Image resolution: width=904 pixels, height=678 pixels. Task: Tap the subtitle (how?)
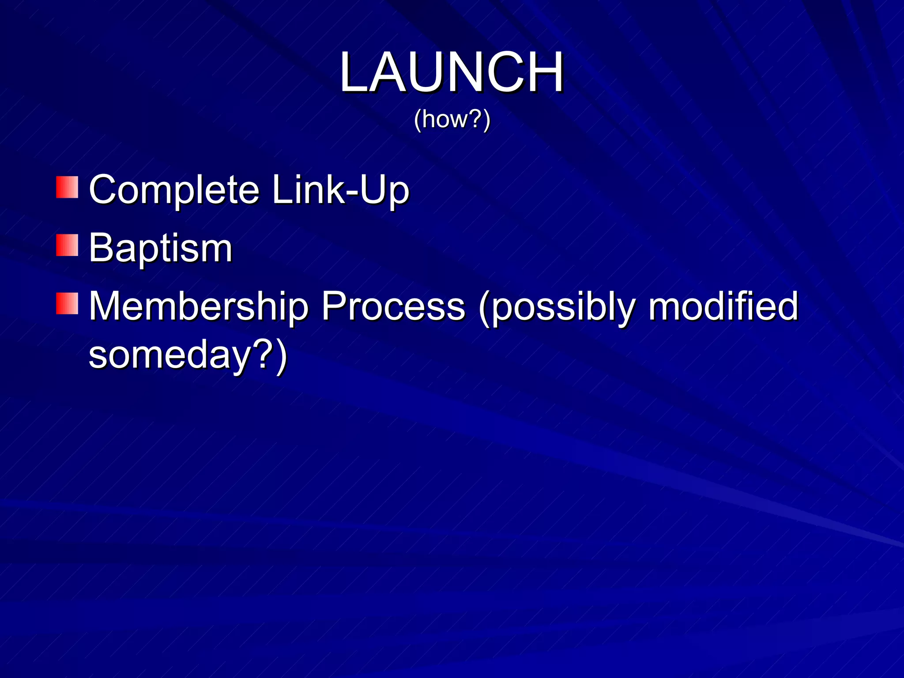pyautogui.click(x=452, y=119)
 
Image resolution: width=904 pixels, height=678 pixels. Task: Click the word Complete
pyautogui.click(x=174, y=190)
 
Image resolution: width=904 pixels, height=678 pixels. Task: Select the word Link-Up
pyautogui.click(x=340, y=190)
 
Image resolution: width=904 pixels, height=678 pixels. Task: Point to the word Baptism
pyautogui.click(x=160, y=248)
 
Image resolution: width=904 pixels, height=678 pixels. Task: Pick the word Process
pyautogui.click(x=393, y=306)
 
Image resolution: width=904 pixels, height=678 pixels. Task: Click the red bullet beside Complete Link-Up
pyautogui.click(x=67, y=187)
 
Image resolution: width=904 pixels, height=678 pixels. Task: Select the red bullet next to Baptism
pyautogui.click(x=67, y=245)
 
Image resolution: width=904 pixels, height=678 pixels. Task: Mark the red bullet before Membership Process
pyautogui.click(x=67, y=303)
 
